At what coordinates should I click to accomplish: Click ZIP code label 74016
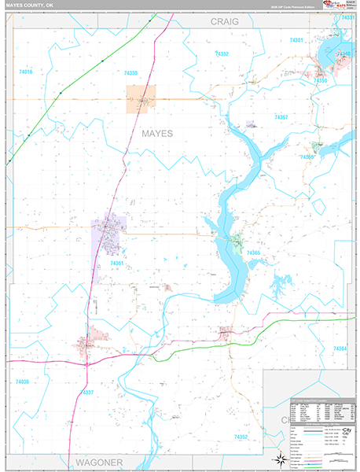pos(25,72)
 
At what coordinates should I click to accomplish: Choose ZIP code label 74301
pos(295,40)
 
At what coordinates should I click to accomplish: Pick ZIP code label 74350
pos(320,80)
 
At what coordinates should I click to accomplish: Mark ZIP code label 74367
pos(281,117)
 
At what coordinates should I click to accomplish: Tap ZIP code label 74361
pos(118,264)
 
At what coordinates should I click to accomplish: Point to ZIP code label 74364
pos(340,347)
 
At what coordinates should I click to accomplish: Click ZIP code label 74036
pos(22,382)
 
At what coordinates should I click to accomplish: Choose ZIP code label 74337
pos(87,392)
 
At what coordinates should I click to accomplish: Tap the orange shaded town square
pos(141,99)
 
